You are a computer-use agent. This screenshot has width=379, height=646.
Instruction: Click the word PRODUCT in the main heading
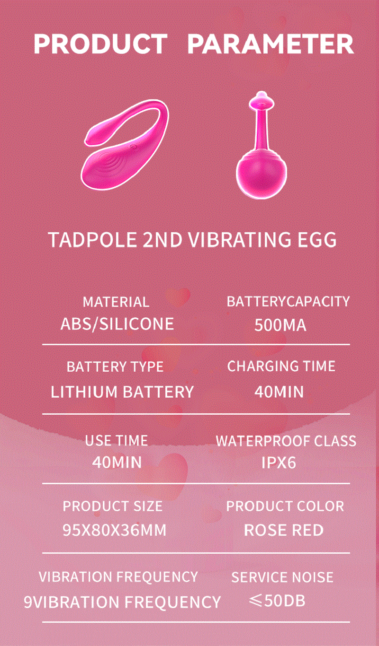pos(100,44)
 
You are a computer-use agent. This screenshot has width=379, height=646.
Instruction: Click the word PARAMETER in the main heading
pos(271,44)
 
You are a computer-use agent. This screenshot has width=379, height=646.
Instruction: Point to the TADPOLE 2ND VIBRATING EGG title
pos(193,239)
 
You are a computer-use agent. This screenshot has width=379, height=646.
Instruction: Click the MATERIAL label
pos(116,302)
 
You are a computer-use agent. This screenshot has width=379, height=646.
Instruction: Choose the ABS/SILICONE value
pos(117,324)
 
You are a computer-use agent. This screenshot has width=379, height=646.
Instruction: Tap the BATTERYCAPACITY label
pos(288,301)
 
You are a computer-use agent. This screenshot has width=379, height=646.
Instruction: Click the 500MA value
pos(280,325)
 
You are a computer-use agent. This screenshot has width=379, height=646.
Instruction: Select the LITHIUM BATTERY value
pos(122,392)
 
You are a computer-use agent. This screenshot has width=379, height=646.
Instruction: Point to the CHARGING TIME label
pos(281,366)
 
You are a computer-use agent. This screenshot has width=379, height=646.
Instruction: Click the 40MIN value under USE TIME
pos(117,462)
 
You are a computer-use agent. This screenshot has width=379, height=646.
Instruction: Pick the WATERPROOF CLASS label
pos(286,441)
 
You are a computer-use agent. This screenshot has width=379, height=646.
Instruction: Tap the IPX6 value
pos(279,463)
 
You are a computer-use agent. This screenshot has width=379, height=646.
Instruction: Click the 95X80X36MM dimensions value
pos(114,530)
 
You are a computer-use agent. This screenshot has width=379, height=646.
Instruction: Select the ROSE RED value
pos(284,530)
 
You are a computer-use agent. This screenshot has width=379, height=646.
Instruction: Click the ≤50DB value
pos(277,601)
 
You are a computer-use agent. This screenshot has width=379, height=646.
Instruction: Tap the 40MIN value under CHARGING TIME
pos(279,392)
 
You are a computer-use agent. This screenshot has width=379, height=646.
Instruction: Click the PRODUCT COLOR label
pos(285,506)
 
